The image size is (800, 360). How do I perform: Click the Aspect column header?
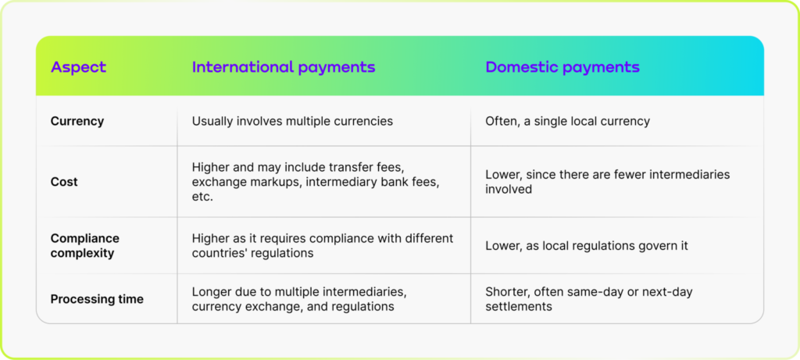coord(78,67)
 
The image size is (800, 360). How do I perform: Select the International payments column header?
coord(284,67)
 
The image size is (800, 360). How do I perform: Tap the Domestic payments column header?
coord(562,67)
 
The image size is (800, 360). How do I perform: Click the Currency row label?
coord(77,121)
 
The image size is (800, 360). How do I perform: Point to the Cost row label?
coord(64,181)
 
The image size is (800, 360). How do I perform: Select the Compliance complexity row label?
coord(84,245)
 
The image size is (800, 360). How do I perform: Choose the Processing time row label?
coord(97,299)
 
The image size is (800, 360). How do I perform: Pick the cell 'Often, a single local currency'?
coord(567,121)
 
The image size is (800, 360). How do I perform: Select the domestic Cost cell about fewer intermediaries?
coord(607,181)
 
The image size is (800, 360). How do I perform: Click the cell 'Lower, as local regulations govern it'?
coord(586,245)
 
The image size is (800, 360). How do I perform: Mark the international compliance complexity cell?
coord(322,245)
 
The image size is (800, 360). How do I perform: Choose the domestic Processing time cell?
coord(588,299)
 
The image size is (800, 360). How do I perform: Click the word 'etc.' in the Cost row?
coord(203,198)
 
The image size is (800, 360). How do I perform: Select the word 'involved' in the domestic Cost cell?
coord(510,189)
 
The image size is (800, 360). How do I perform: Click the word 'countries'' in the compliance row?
coord(220,253)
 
